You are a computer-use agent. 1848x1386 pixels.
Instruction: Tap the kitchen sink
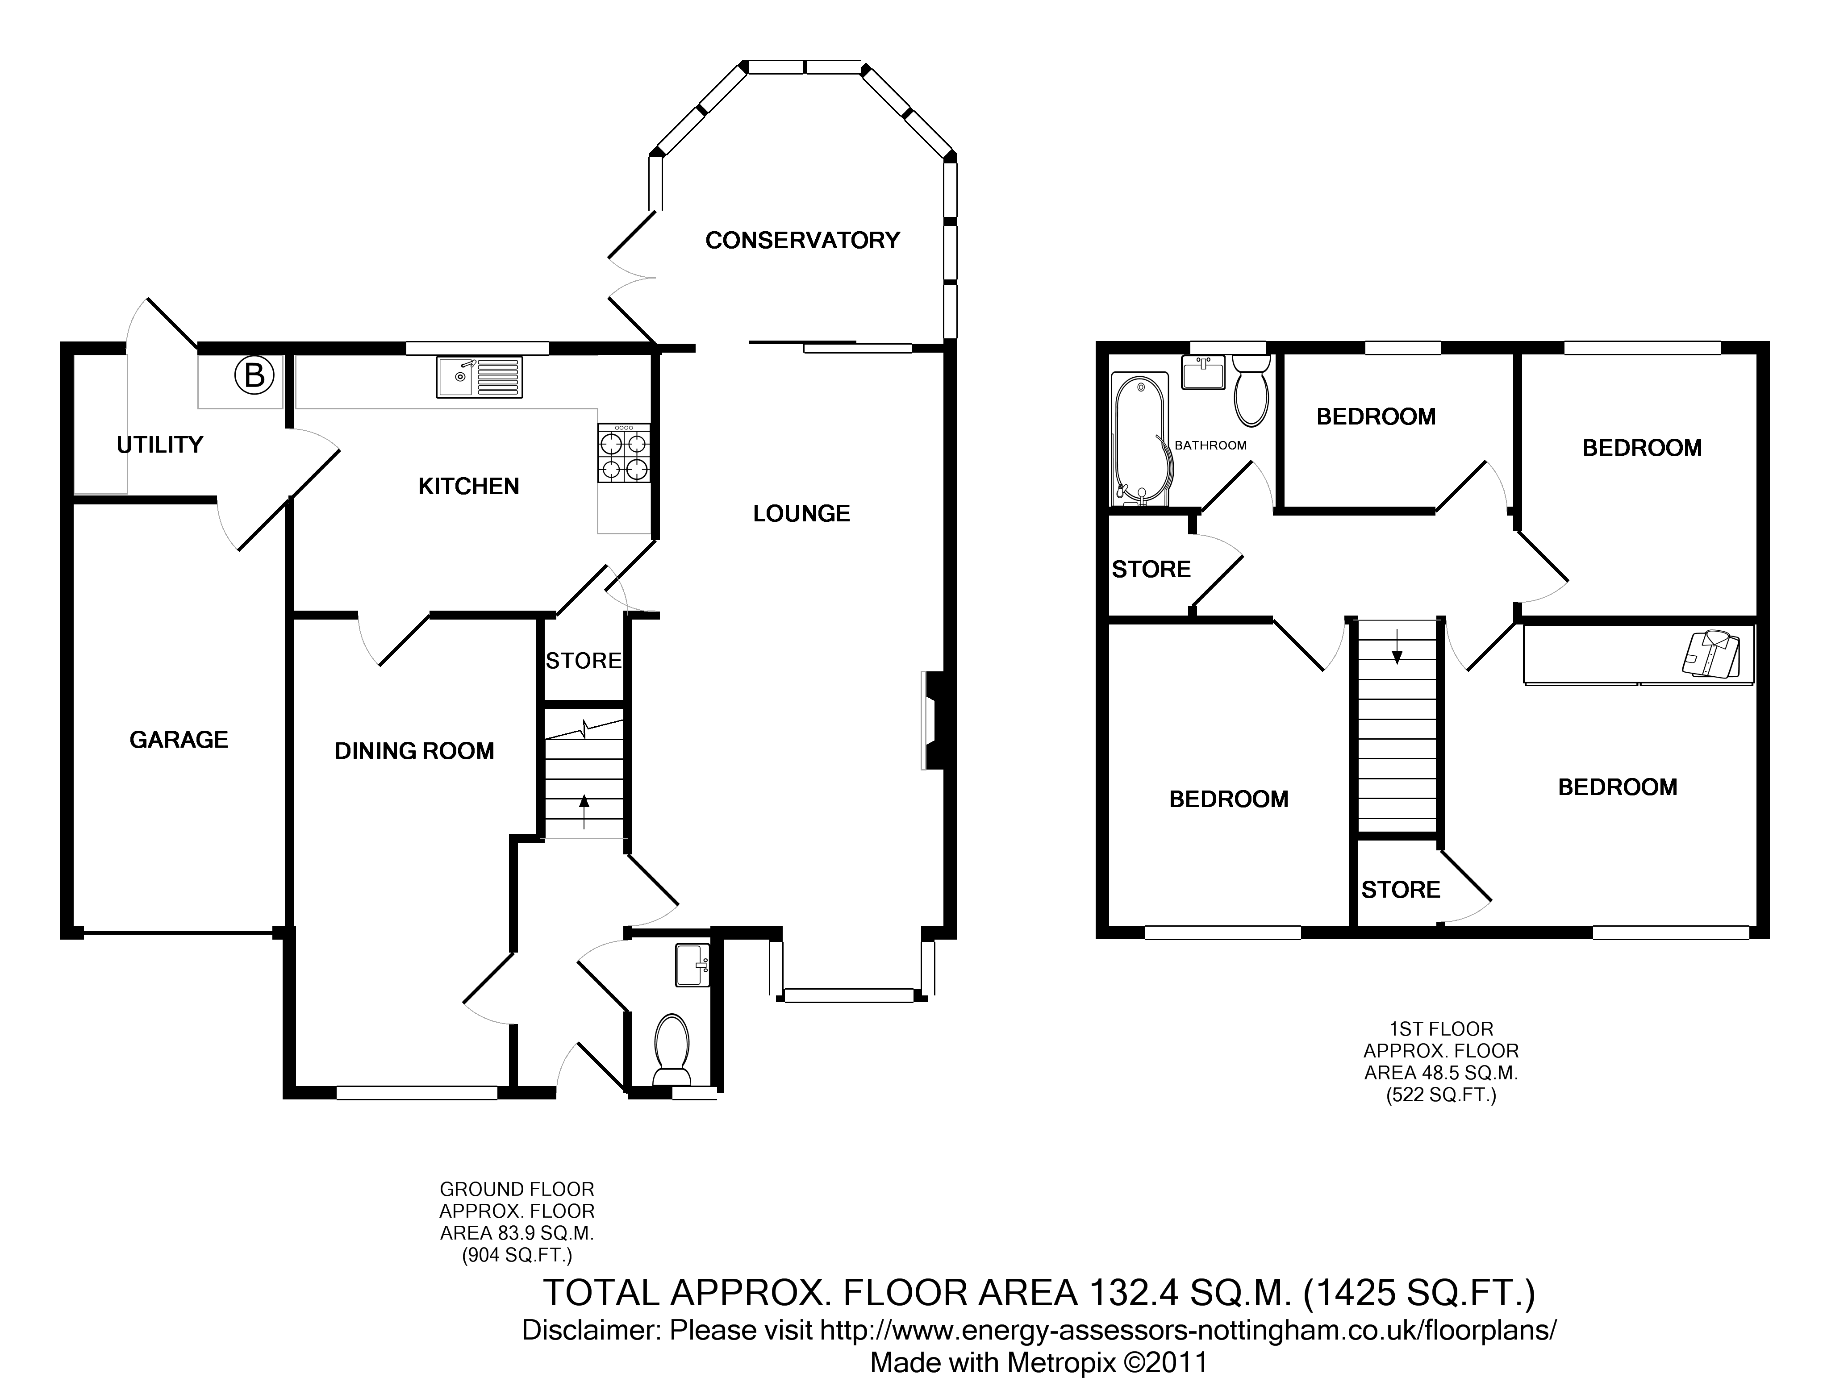tap(479, 377)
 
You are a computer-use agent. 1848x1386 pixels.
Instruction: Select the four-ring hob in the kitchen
tap(623, 454)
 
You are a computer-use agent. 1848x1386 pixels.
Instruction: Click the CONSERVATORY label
tap(802, 241)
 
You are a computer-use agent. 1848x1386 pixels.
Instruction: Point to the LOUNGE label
tap(801, 514)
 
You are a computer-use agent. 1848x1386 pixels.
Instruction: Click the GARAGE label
tap(179, 739)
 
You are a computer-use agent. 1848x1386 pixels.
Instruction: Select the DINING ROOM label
tap(414, 751)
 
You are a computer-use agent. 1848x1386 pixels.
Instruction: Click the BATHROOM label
tap(1210, 445)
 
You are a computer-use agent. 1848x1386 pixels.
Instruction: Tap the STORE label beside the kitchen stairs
tap(583, 661)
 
